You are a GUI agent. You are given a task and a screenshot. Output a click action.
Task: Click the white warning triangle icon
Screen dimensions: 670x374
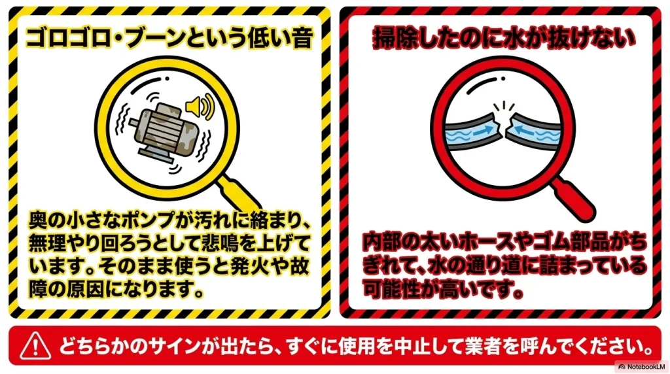point(35,346)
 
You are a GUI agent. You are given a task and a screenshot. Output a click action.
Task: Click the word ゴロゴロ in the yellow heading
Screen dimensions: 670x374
point(69,37)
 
